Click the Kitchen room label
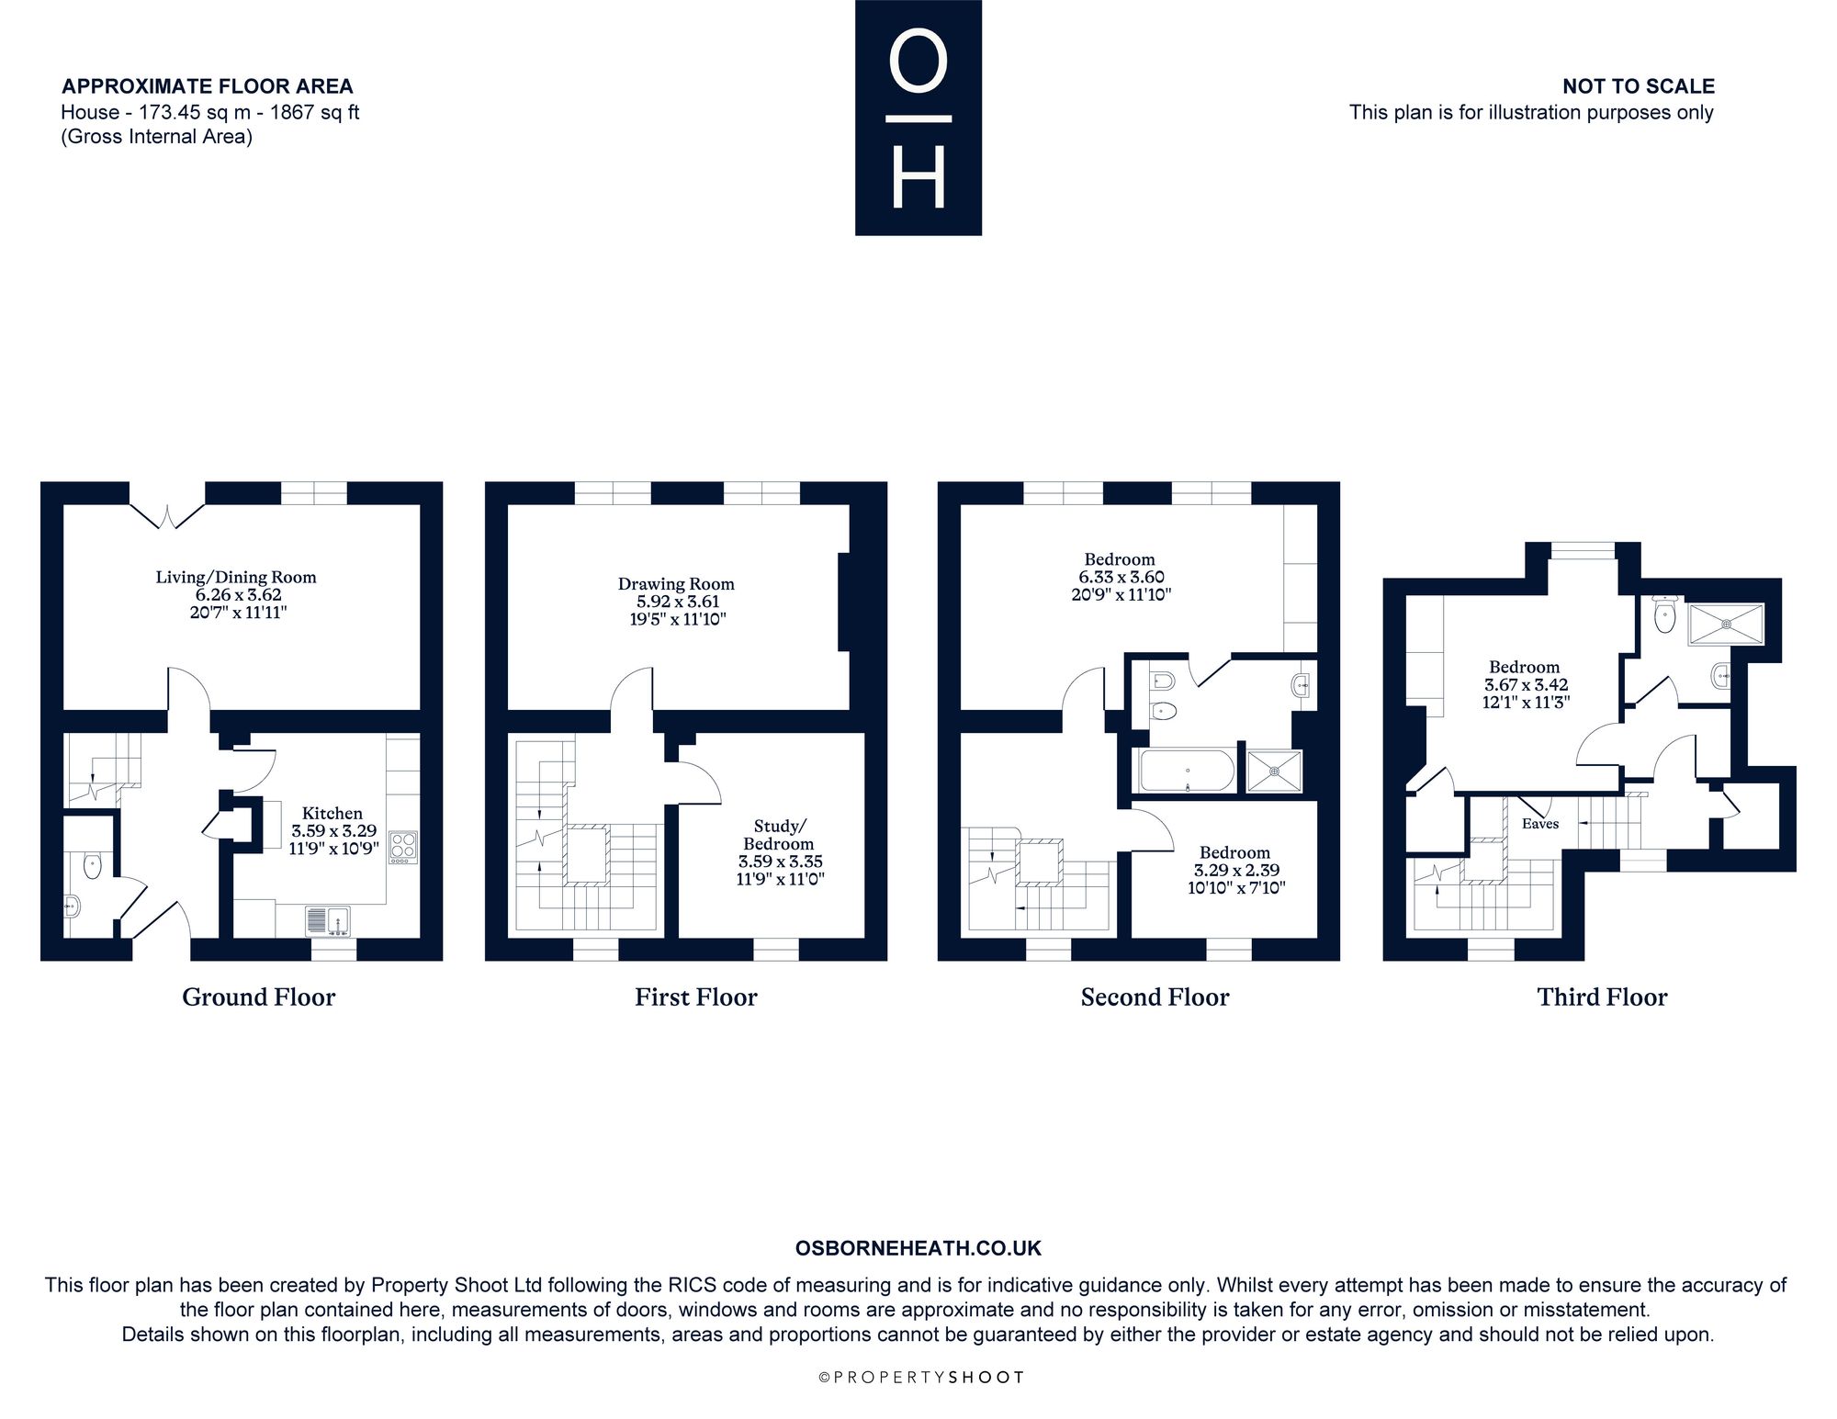pos(332,813)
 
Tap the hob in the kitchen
pos(402,847)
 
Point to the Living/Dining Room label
pos(236,578)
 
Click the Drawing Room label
pos(676,584)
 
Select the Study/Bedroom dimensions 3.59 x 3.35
pos(780,862)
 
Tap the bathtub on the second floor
pos(1187,770)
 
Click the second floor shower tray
pos(1275,771)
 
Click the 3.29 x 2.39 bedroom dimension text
pos(1237,870)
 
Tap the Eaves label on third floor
pos(1540,824)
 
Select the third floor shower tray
pos(1726,625)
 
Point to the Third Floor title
pos(1602,997)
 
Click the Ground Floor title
pos(259,997)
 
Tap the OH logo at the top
pos(918,118)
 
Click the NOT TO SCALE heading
pos(1639,86)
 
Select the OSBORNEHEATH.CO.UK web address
pos(918,1248)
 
